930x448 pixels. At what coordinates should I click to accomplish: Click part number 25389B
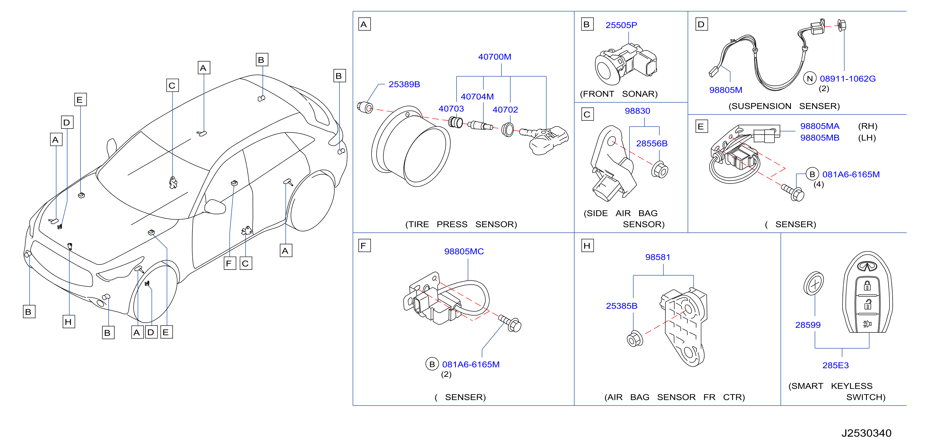tap(404, 84)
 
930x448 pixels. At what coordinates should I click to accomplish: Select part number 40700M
tap(495, 57)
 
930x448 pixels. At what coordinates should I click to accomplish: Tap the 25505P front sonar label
tap(621, 25)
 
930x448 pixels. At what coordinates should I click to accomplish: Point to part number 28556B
tap(652, 143)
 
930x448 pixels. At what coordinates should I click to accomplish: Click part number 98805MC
tap(464, 251)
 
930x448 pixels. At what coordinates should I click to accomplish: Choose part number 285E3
tap(836, 365)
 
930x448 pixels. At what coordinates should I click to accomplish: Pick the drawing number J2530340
tap(866, 433)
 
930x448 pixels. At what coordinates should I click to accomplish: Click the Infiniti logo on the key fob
tap(867, 267)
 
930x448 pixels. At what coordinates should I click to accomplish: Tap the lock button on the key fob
tap(867, 286)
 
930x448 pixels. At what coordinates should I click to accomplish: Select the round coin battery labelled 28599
tap(814, 284)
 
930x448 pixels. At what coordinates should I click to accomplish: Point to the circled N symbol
tap(810, 78)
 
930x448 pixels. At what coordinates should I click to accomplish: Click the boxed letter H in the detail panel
tap(588, 246)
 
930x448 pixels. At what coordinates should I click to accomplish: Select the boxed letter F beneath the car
tap(230, 263)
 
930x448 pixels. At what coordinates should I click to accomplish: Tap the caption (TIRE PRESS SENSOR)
tap(461, 224)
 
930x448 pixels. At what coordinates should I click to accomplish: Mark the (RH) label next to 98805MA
tap(868, 126)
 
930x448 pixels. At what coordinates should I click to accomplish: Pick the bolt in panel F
tap(509, 323)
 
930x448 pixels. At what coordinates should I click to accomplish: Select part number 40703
tap(451, 109)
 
